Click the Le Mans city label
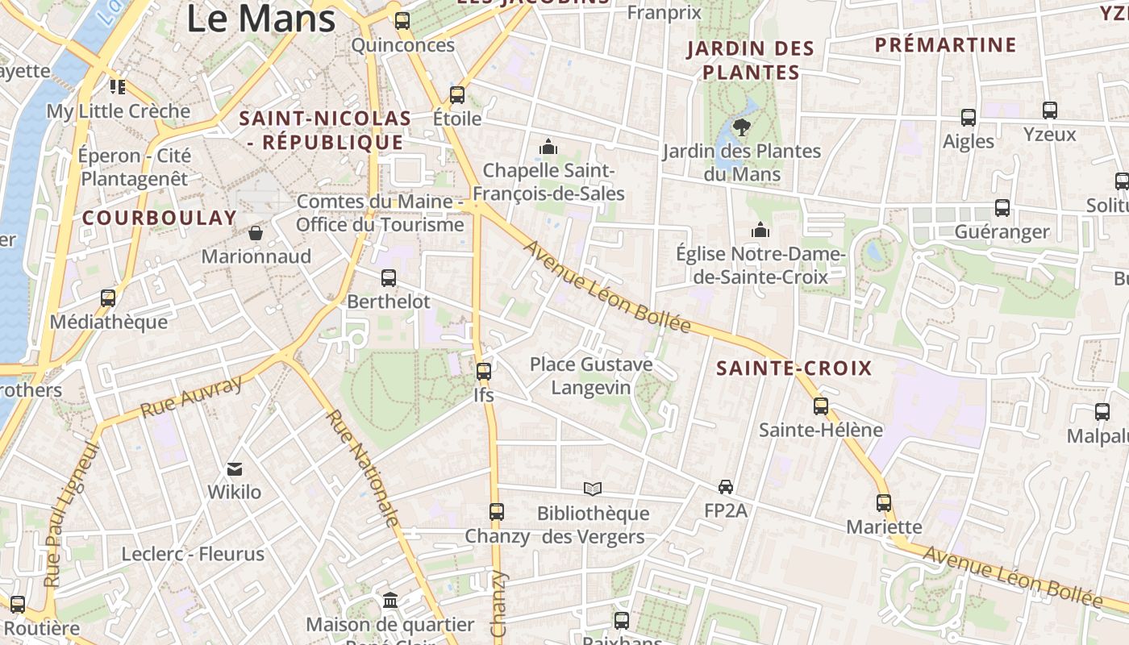(x=260, y=18)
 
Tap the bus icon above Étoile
(x=457, y=95)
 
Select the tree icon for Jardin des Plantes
(x=741, y=127)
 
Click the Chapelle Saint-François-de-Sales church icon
(x=548, y=147)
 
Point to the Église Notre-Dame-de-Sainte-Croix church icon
(x=760, y=231)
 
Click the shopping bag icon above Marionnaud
(x=256, y=233)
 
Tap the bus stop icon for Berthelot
(x=388, y=278)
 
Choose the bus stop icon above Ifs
(x=483, y=372)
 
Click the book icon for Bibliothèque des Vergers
(x=593, y=489)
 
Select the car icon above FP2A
(x=726, y=486)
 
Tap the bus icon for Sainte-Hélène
(x=821, y=406)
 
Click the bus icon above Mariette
(x=884, y=503)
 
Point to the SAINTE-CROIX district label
(x=794, y=368)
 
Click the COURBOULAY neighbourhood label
(x=160, y=218)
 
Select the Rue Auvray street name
(x=191, y=397)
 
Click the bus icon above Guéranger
(x=1002, y=208)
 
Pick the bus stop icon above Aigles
(x=969, y=118)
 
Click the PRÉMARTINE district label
(x=946, y=44)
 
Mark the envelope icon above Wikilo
(x=235, y=468)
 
